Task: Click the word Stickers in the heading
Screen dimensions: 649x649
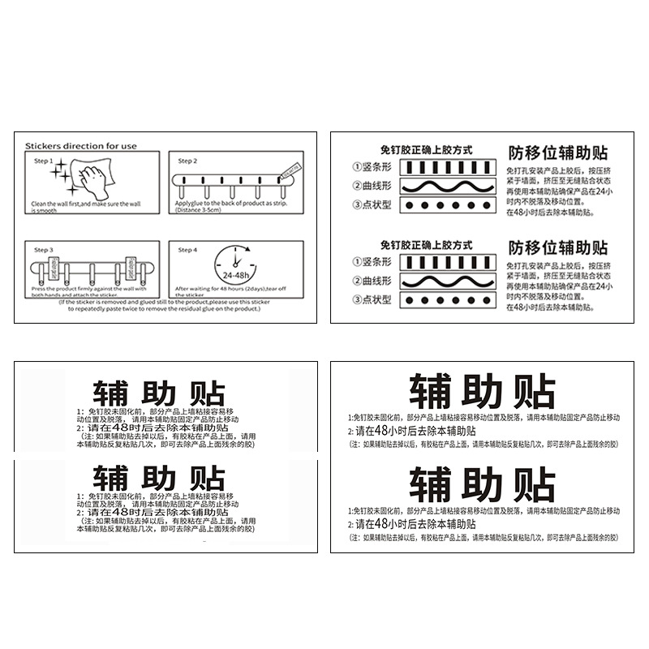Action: tap(43, 146)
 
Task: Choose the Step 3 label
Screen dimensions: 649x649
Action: tap(41, 250)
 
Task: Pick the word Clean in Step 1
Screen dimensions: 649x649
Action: tap(39, 204)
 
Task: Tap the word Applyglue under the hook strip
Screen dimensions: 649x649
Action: tap(187, 204)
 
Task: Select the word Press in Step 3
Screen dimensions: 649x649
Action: tap(38, 288)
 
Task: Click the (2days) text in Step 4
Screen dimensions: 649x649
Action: tap(260, 288)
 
